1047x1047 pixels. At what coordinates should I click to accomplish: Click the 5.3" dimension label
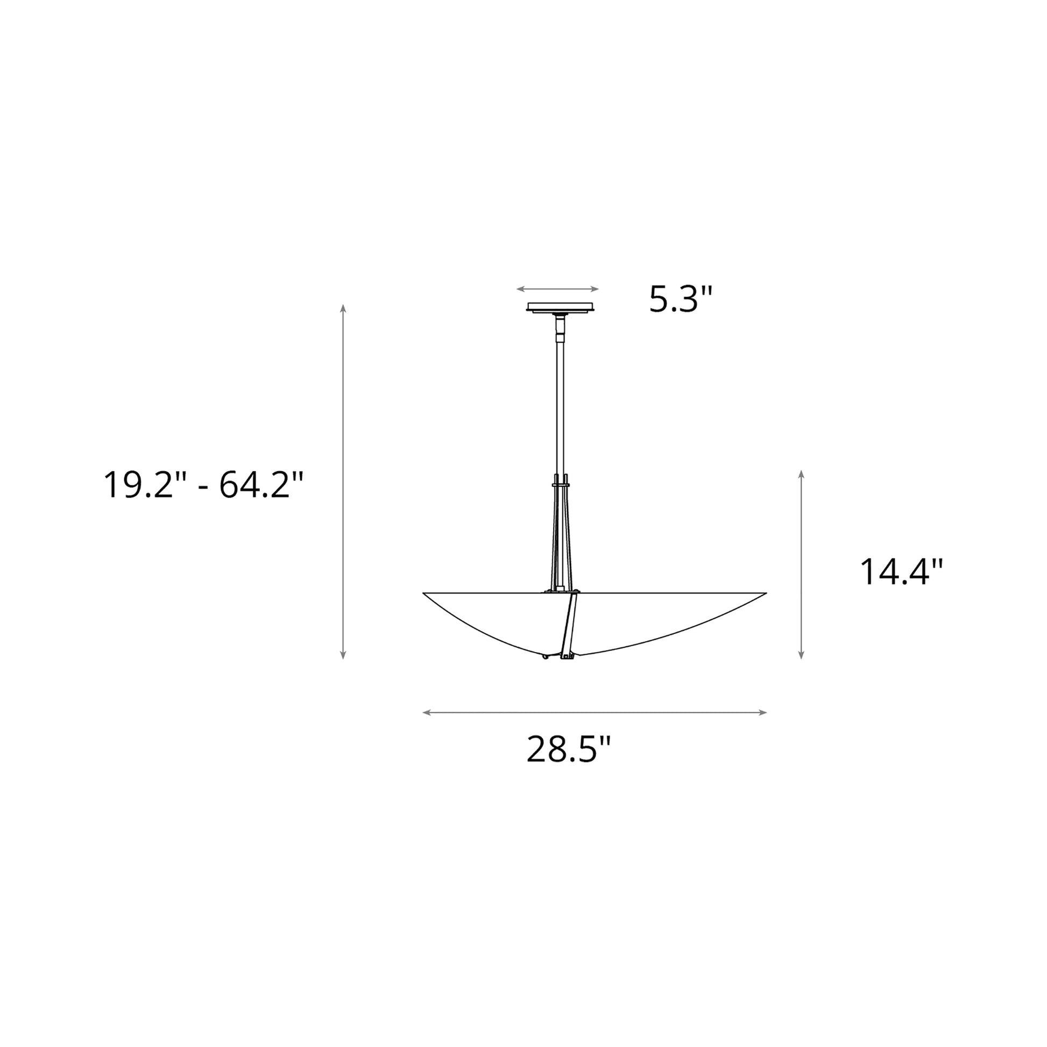click(681, 299)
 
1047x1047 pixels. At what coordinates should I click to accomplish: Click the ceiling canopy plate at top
click(563, 307)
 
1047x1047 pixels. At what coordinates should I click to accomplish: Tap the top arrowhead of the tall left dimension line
click(343, 308)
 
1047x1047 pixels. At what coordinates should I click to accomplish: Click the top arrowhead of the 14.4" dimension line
click(801, 473)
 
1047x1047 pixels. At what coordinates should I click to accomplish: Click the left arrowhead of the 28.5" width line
click(426, 713)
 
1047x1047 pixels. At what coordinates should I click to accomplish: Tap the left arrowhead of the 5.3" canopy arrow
click(519, 289)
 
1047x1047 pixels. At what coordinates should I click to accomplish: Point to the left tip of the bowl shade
click(425, 593)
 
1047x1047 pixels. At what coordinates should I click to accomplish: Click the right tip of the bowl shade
click(765, 593)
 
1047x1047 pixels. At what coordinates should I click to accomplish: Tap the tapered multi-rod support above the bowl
click(560, 536)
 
